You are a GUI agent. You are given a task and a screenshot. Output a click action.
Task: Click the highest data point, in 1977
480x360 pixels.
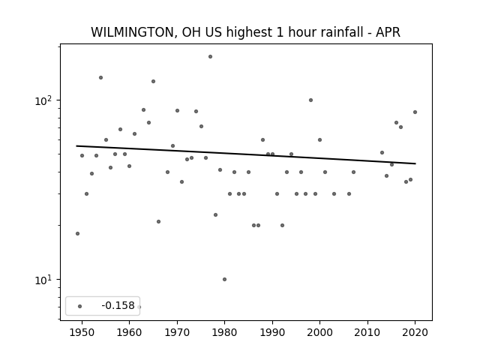[210, 57]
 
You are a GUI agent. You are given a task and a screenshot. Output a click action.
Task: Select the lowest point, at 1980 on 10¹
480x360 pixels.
[224, 279]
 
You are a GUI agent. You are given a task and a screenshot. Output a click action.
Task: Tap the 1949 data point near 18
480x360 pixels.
[77, 233]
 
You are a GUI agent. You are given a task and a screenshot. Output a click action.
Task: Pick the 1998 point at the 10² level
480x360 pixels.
[310, 100]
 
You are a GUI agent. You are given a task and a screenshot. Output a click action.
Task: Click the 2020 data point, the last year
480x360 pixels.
[415, 112]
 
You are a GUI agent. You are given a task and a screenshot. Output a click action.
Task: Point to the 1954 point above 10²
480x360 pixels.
[100, 78]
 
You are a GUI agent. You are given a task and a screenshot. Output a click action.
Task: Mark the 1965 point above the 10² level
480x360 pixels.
[153, 82]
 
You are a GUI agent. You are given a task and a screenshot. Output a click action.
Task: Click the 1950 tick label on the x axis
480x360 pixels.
[82, 332]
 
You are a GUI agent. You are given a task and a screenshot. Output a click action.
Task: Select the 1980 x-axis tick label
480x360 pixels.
[224, 332]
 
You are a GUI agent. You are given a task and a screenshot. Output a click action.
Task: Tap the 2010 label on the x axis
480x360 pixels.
[367, 332]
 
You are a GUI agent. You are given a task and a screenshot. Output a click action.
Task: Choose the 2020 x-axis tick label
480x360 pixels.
[415, 332]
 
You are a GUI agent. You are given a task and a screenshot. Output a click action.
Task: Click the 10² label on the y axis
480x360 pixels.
[43, 100]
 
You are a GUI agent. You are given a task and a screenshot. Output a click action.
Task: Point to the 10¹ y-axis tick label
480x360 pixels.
[43, 280]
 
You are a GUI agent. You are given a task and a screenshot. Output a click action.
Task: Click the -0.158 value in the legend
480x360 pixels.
[118, 305]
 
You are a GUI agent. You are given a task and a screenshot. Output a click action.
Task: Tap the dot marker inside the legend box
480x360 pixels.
[80, 306]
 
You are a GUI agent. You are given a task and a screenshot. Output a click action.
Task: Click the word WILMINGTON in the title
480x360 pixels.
[132, 32]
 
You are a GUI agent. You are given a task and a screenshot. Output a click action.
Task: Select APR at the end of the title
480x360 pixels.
[388, 32]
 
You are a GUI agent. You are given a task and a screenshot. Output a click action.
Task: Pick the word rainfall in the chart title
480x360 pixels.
[340, 32]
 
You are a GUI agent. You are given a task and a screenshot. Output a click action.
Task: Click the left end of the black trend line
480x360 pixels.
[76, 145]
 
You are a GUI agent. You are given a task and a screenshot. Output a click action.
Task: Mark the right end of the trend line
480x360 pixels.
[415, 163]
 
